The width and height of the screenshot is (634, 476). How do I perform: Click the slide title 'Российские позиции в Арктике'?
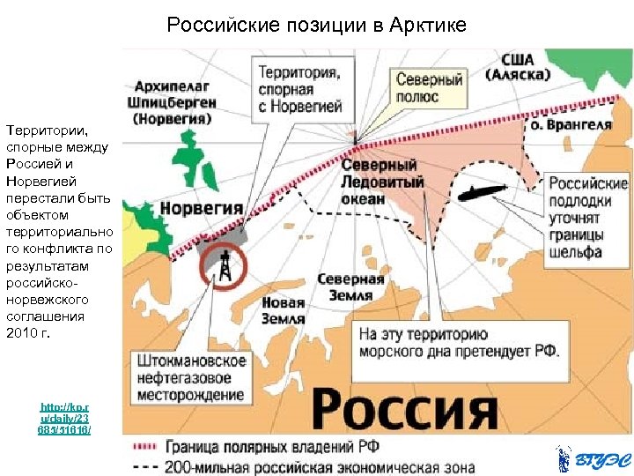pyautogui.click(x=316, y=26)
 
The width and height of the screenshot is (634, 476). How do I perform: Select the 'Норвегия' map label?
pyautogui.click(x=201, y=209)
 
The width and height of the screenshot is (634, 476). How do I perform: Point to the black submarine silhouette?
pyautogui.click(x=480, y=191)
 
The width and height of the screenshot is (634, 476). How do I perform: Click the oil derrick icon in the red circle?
pyautogui.click(x=225, y=264)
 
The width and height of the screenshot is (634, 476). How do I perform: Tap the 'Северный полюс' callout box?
pyautogui.click(x=428, y=86)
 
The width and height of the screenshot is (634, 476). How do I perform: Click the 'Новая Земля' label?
pyautogui.click(x=283, y=311)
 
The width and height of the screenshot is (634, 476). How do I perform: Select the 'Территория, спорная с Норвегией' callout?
pyautogui.click(x=299, y=88)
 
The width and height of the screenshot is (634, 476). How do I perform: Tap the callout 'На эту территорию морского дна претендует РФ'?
pyautogui.click(x=459, y=343)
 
